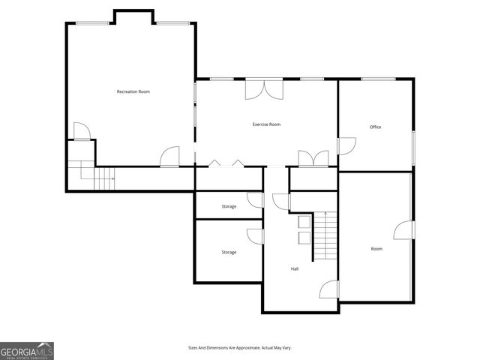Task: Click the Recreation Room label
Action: click(x=133, y=91)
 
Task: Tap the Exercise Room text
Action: click(x=266, y=124)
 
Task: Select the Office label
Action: click(x=375, y=127)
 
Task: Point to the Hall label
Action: click(x=295, y=268)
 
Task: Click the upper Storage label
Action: click(x=229, y=206)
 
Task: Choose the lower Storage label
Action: click(x=229, y=252)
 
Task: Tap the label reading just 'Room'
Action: click(x=376, y=248)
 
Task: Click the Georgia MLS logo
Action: click(x=27, y=350)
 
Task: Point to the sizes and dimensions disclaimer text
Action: click(x=239, y=348)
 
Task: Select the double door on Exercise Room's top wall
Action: click(x=264, y=88)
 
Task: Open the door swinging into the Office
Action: click(x=346, y=146)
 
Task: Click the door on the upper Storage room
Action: click(x=256, y=200)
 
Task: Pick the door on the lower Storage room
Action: click(x=256, y=236)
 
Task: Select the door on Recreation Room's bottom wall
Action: click(x=170, y=156)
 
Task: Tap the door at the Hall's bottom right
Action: click(x=330, y=289)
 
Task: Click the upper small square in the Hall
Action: click(x=304, y=223)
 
